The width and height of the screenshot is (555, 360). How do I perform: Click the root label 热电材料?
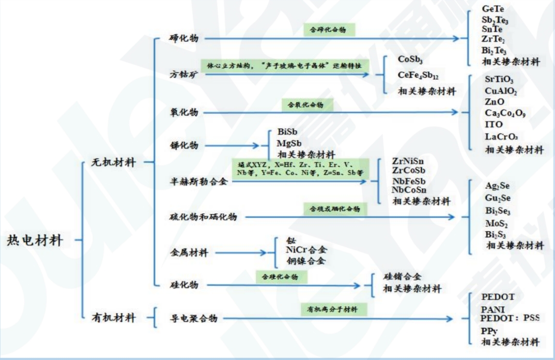[35, 240]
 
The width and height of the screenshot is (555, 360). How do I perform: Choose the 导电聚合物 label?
[193, 318]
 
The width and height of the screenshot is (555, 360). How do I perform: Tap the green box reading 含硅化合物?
[281, 277]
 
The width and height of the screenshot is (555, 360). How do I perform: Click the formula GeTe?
[493, 9]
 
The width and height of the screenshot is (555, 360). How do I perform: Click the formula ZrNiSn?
[409, 161]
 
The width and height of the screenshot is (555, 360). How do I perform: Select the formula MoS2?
[496, 224]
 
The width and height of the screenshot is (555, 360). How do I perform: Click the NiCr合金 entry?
[306, 250]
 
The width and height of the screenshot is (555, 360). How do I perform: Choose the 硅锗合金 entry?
[402, 277]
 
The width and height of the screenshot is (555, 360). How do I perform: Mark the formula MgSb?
[290, 143]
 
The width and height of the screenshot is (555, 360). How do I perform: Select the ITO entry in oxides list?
[494, 124]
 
